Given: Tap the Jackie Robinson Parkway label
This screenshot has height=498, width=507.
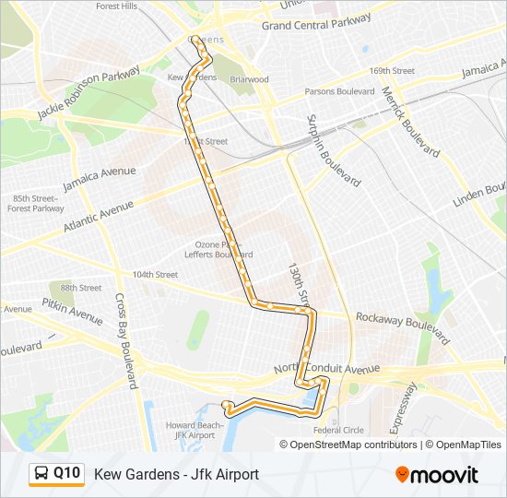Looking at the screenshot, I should click(x=88, y=92).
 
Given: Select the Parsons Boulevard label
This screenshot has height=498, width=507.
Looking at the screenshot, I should click(x=339, y=91).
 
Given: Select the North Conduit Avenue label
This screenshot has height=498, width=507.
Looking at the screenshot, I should click(x=327, y=369).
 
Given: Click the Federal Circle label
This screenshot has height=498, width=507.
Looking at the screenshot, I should click(x=338, y=430).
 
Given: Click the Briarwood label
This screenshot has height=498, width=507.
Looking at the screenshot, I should click(x=249, y=79).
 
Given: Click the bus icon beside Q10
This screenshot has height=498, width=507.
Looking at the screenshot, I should click(x=41, y=474).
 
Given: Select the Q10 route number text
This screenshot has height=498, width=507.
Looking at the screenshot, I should click(x=67, y=473).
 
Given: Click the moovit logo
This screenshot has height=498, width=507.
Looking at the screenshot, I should click(x=437, y=475).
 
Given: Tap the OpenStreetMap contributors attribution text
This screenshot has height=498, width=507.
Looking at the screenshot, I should click(x=353, y=445).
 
